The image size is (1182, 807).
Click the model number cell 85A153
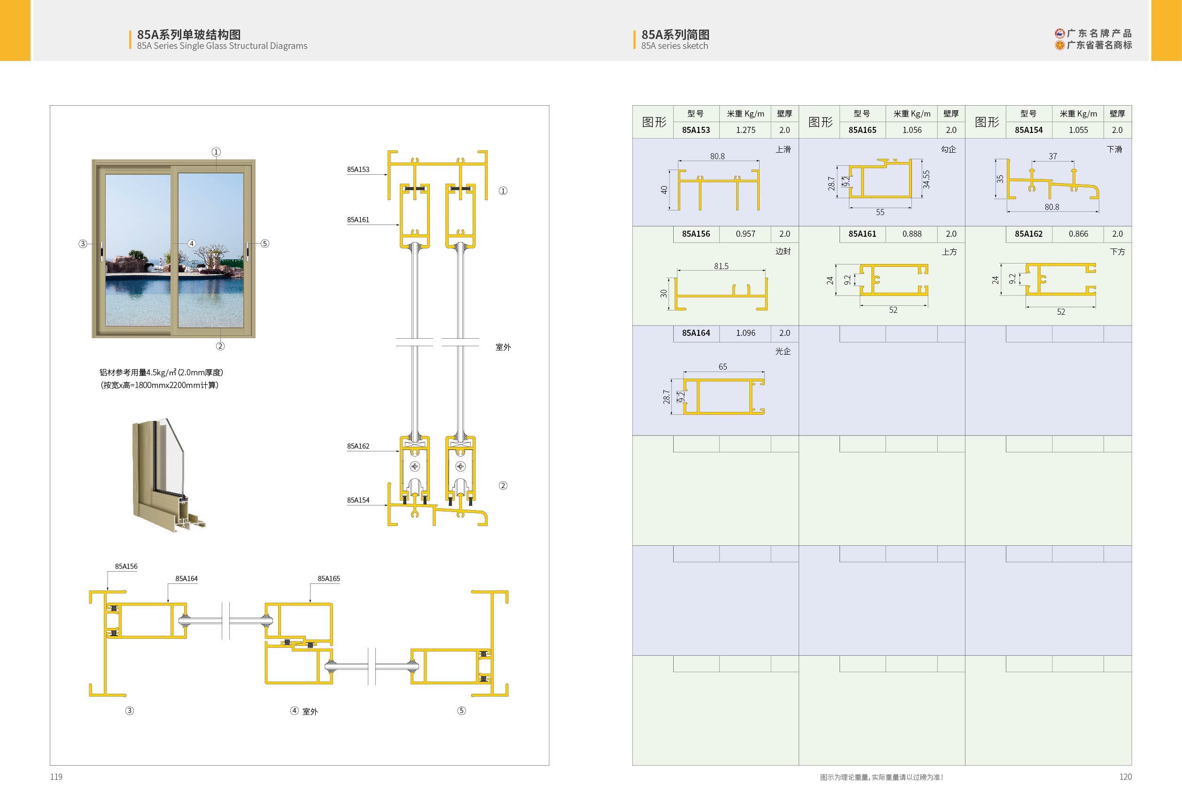[696, 130]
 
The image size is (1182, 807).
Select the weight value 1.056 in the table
[911, 130]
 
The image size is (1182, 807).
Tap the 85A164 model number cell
[696, 333]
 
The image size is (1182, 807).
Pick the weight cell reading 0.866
[1078, 234]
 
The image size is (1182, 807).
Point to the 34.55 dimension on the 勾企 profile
[925, 179]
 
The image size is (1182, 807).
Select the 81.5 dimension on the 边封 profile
[721, 266]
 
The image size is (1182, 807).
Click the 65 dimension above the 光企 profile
[723, 367]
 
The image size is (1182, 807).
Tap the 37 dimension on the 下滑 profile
[1052, 156]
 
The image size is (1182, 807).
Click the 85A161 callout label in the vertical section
[358, 220]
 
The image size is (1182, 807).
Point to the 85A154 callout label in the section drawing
[358, 500]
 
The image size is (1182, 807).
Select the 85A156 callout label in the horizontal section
[126, 566]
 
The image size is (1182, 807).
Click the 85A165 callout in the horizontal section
[328, 579]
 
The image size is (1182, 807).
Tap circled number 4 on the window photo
[192, 244]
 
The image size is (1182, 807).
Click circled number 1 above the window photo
[216, 152]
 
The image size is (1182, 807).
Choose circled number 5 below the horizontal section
[461, 710]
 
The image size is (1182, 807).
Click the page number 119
[56, 776]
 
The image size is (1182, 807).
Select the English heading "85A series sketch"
[675, 46]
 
